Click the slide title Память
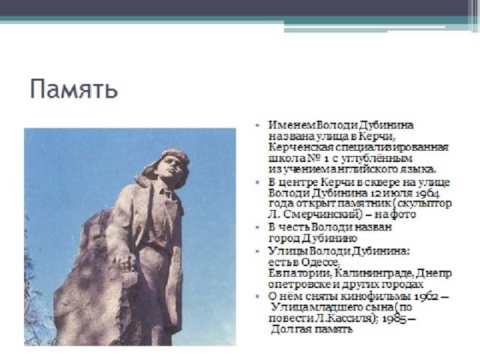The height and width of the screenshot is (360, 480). [73, 89]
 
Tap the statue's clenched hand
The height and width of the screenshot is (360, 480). [126, 263]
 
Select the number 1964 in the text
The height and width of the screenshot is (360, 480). [427, 193]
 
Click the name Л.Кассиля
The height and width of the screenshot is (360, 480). [346, 318]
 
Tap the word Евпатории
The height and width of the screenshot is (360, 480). [300, 273]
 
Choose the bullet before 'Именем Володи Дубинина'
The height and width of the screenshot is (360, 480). [257, 125]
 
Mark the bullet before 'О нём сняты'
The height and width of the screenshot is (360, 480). [257, 297]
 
